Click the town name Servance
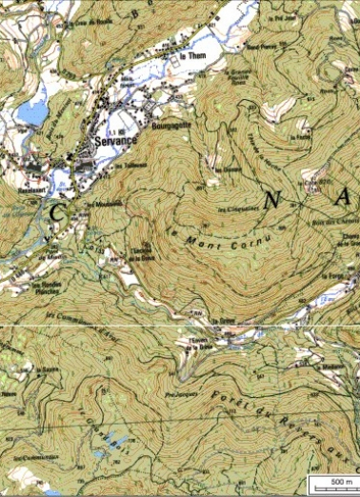(117, 140)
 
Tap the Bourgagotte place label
(171, 124)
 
